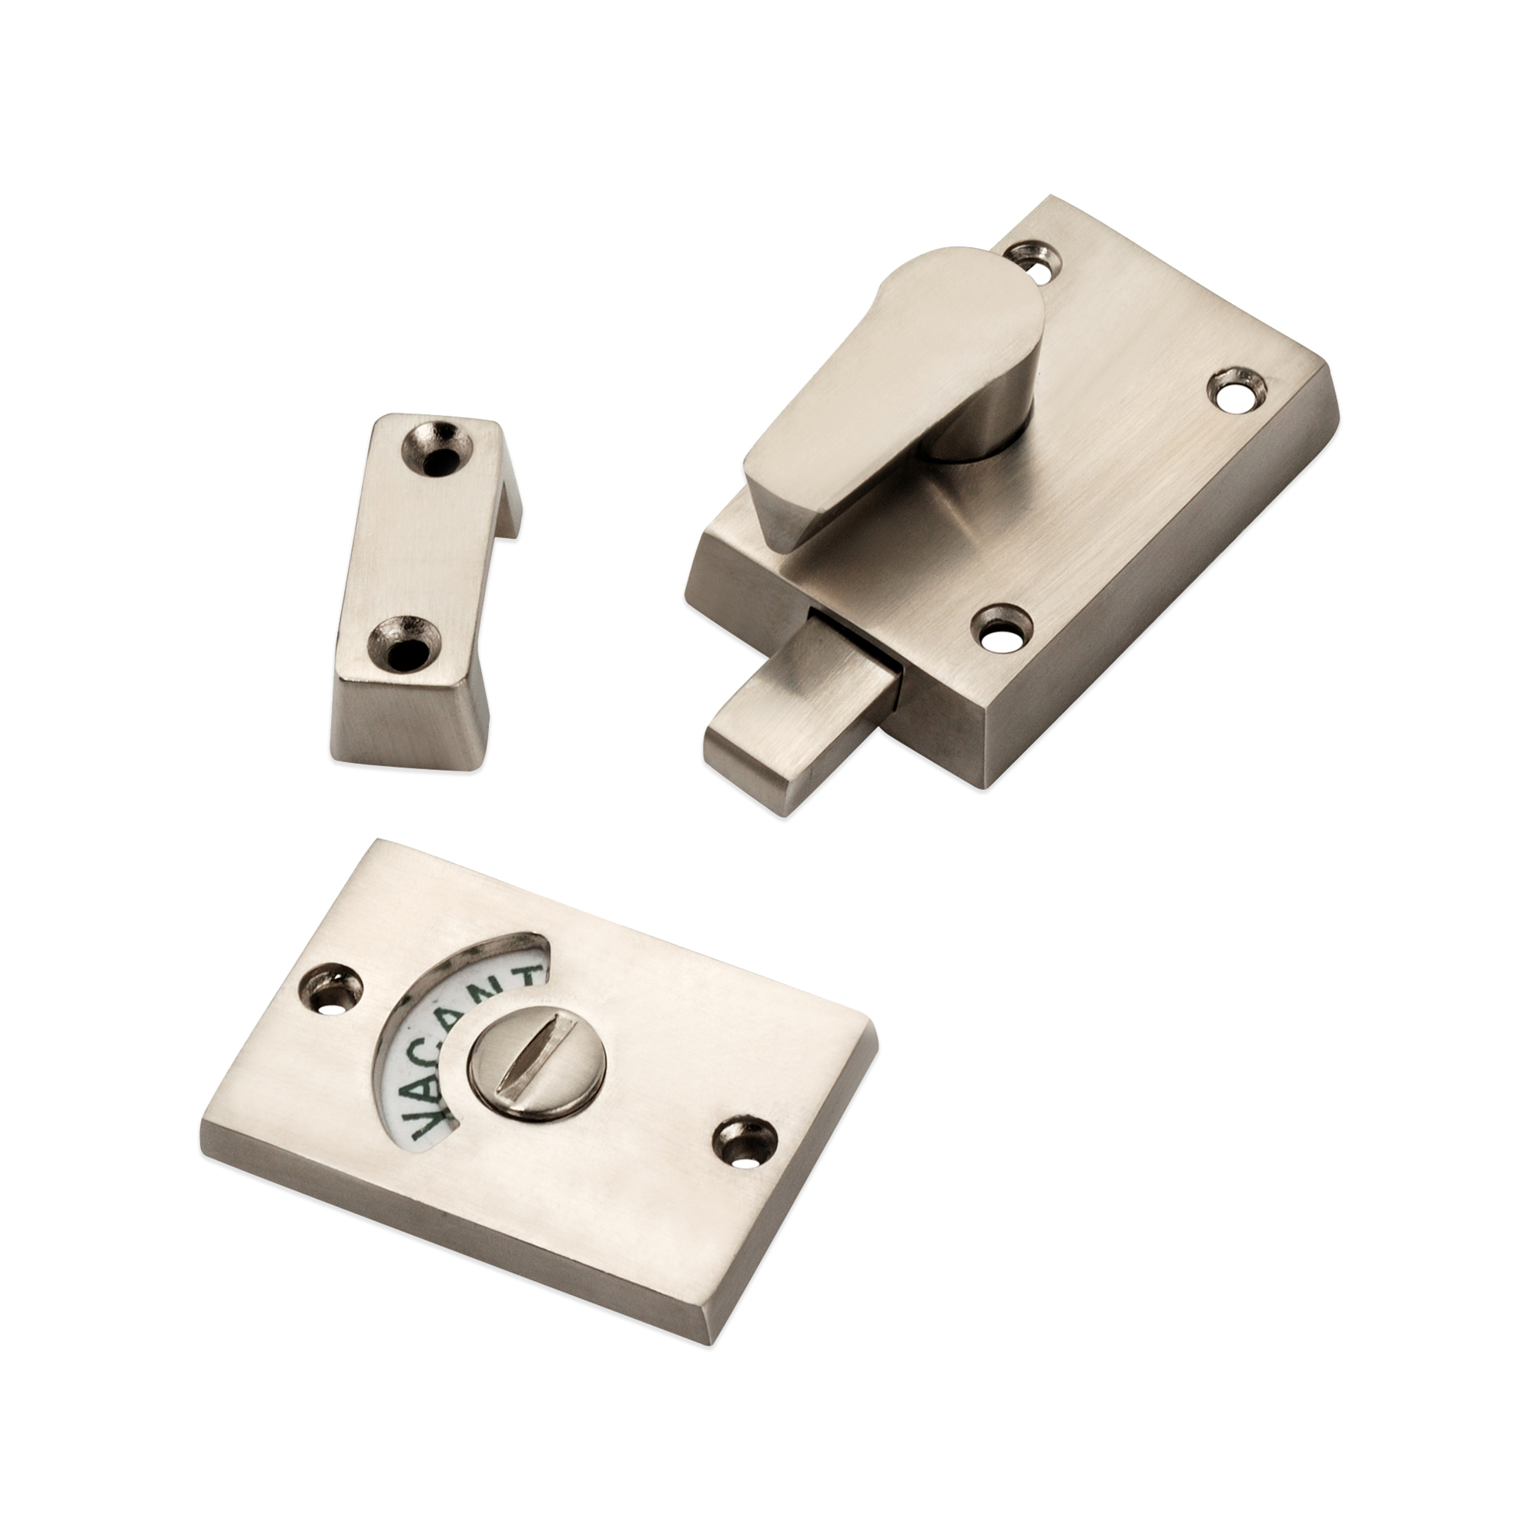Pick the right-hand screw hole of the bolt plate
pyautogui.click(x=1238, y=390)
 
